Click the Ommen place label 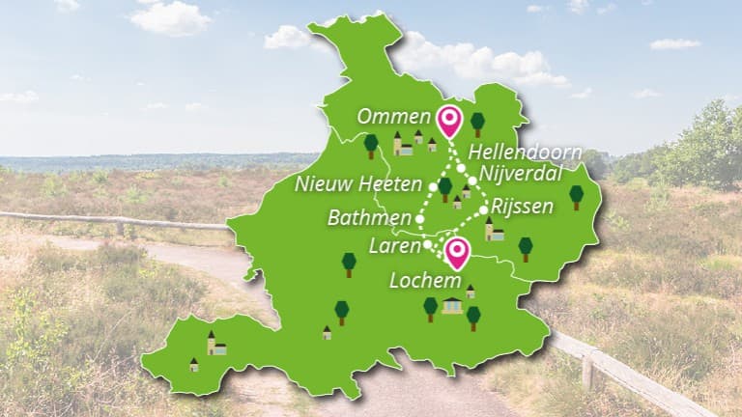(x=393, y=117)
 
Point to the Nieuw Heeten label (x=358, y=183)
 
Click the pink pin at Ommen (x=448, y=120)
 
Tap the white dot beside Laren (x=428, y=245)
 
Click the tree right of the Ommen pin (x=477, y=124)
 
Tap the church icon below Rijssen (x=494, y=230)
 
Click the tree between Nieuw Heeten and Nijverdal (x=444, y=187)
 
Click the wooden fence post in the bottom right (x=587, y=371)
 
